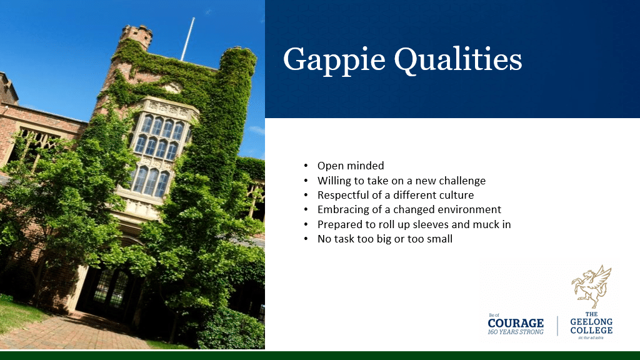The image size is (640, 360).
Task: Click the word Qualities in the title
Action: tap(458, 59)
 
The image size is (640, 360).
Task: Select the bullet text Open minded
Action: tap(351, 166)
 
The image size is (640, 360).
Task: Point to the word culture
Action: tap(455, 195)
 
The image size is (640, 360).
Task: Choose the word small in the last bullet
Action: tap(439, 239)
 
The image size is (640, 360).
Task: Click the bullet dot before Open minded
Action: tap(306, 166)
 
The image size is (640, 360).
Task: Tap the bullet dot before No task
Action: tap(306, 239)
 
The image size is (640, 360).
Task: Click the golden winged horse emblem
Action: tap(591, 286)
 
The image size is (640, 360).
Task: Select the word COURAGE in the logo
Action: tap(516, 323)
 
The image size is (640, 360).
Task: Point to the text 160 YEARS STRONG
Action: tap(516, 332)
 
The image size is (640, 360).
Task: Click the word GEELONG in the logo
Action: tap(591, 322)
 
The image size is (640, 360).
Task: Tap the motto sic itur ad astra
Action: tap(591, 338)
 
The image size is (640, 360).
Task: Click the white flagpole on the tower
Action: tap(187, 39)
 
